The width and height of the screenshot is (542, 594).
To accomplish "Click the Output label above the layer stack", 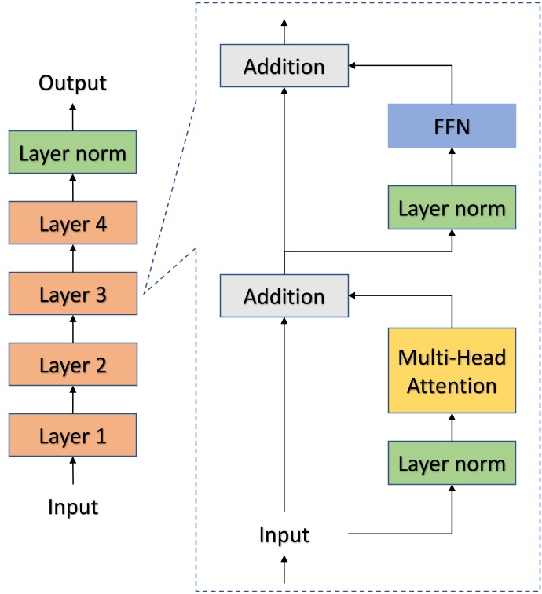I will [73, 83].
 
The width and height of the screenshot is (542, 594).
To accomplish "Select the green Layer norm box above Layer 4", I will [73, 152].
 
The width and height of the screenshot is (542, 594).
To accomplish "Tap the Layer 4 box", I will [73, 224].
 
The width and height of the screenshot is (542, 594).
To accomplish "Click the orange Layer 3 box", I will [73, 295].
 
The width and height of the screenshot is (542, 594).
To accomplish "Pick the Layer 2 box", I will [73, 365].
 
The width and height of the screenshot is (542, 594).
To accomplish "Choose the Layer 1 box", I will [73, 434].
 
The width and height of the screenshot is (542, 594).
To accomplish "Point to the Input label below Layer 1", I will [73, 507].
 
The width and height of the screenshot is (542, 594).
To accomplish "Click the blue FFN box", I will [452, 126].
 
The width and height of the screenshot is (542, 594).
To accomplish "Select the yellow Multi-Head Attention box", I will [452, 371].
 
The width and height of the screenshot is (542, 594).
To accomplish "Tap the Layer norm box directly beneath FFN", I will [452, 207].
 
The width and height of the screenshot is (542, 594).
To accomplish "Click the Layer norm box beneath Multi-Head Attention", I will [452, 462].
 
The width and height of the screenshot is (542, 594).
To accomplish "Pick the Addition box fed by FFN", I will [284, 67].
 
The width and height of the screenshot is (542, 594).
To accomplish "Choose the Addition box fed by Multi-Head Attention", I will [284, 296].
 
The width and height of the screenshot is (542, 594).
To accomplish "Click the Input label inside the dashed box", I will [284, 536].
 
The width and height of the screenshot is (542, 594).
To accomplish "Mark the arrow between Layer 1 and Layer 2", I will [73, 400].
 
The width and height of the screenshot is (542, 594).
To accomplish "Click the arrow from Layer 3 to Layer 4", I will [73, 259].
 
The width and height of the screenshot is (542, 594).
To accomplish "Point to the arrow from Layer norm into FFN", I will [452, 167].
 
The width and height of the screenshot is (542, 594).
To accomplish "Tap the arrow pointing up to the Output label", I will [73, 115].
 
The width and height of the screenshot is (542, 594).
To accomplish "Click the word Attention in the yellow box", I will [452, 386].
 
